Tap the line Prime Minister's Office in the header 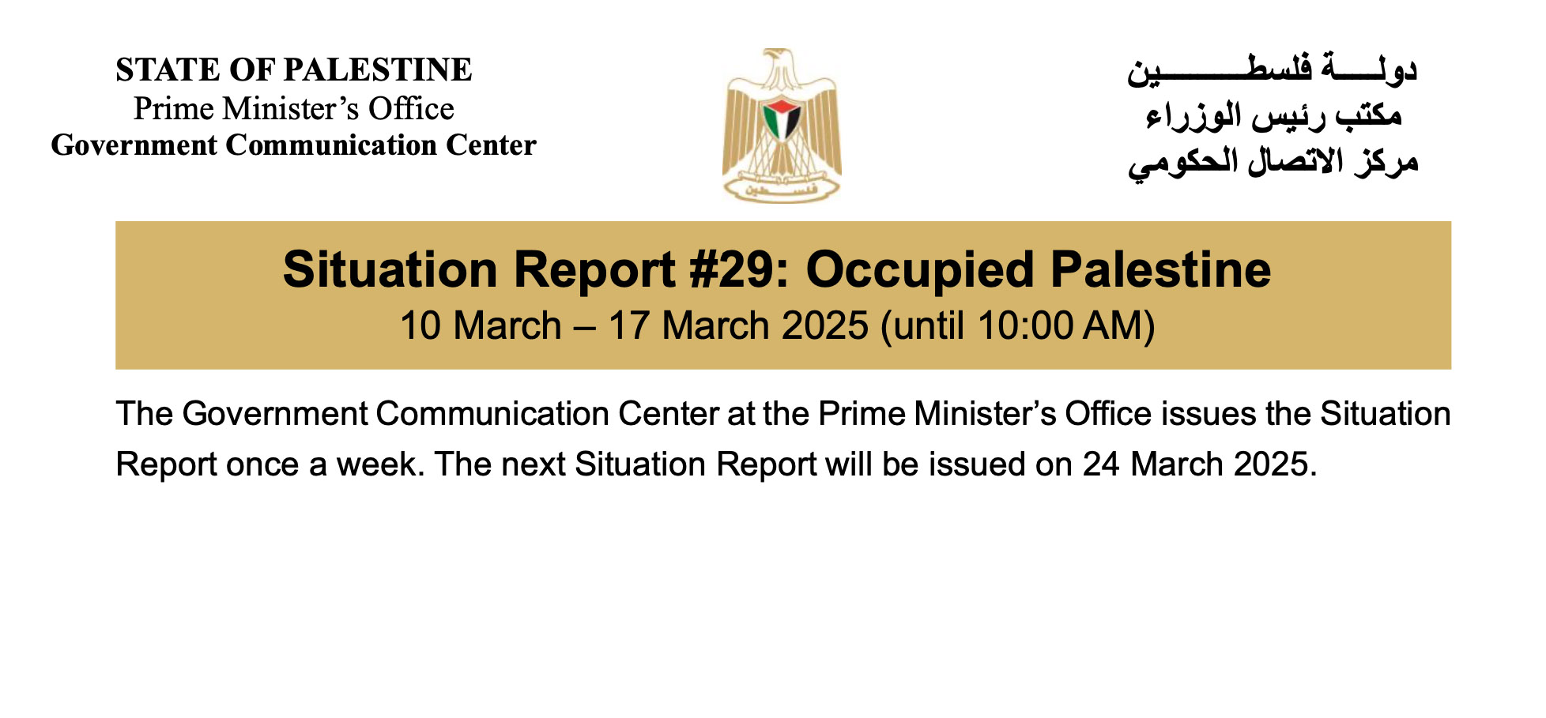click(294, 109)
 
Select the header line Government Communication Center click(294, 145)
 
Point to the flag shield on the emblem click(782, 119)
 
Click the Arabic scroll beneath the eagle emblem click(781, 189)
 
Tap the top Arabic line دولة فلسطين click(1273, 70)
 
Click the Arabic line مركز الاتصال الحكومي click(1273, 162)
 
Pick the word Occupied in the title click(920, 270)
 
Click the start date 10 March click(481, 325)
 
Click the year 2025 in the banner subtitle click(824, 325)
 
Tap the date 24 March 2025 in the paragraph click(1196, 464)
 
